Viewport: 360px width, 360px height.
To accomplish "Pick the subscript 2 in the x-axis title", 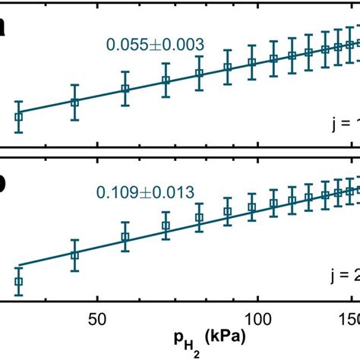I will pos(185,341).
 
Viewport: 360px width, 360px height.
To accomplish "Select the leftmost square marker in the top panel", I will pos(19,117).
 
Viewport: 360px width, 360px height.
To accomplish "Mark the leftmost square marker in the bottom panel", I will pos(19,282).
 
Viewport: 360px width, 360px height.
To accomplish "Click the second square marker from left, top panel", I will pos(74,102).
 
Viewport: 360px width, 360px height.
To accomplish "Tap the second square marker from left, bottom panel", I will pos(74,255).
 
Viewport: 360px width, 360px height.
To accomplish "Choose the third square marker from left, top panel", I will pos(126,89).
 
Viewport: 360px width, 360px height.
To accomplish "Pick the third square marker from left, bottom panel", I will pos(126,237).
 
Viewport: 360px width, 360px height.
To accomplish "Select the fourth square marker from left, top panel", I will pos(166,80).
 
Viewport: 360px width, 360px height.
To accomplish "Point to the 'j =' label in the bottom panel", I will pos(344,276).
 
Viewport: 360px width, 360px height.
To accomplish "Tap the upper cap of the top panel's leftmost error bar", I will pos(19,101).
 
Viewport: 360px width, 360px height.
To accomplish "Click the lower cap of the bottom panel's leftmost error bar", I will pos(19,296).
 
